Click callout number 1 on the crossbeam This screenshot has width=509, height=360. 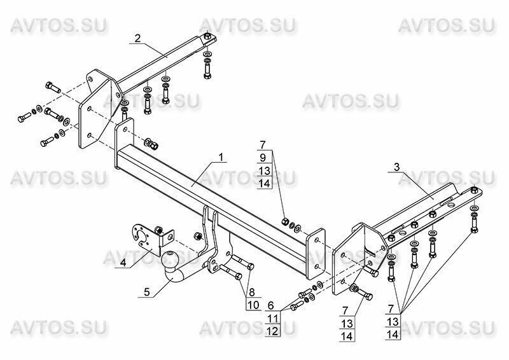[x=221, y=156]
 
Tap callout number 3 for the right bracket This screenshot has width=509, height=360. [x=396, y=167]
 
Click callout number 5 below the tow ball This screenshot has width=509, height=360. [x=147, y=293]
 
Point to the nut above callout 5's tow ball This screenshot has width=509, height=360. [x=197, y=236]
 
